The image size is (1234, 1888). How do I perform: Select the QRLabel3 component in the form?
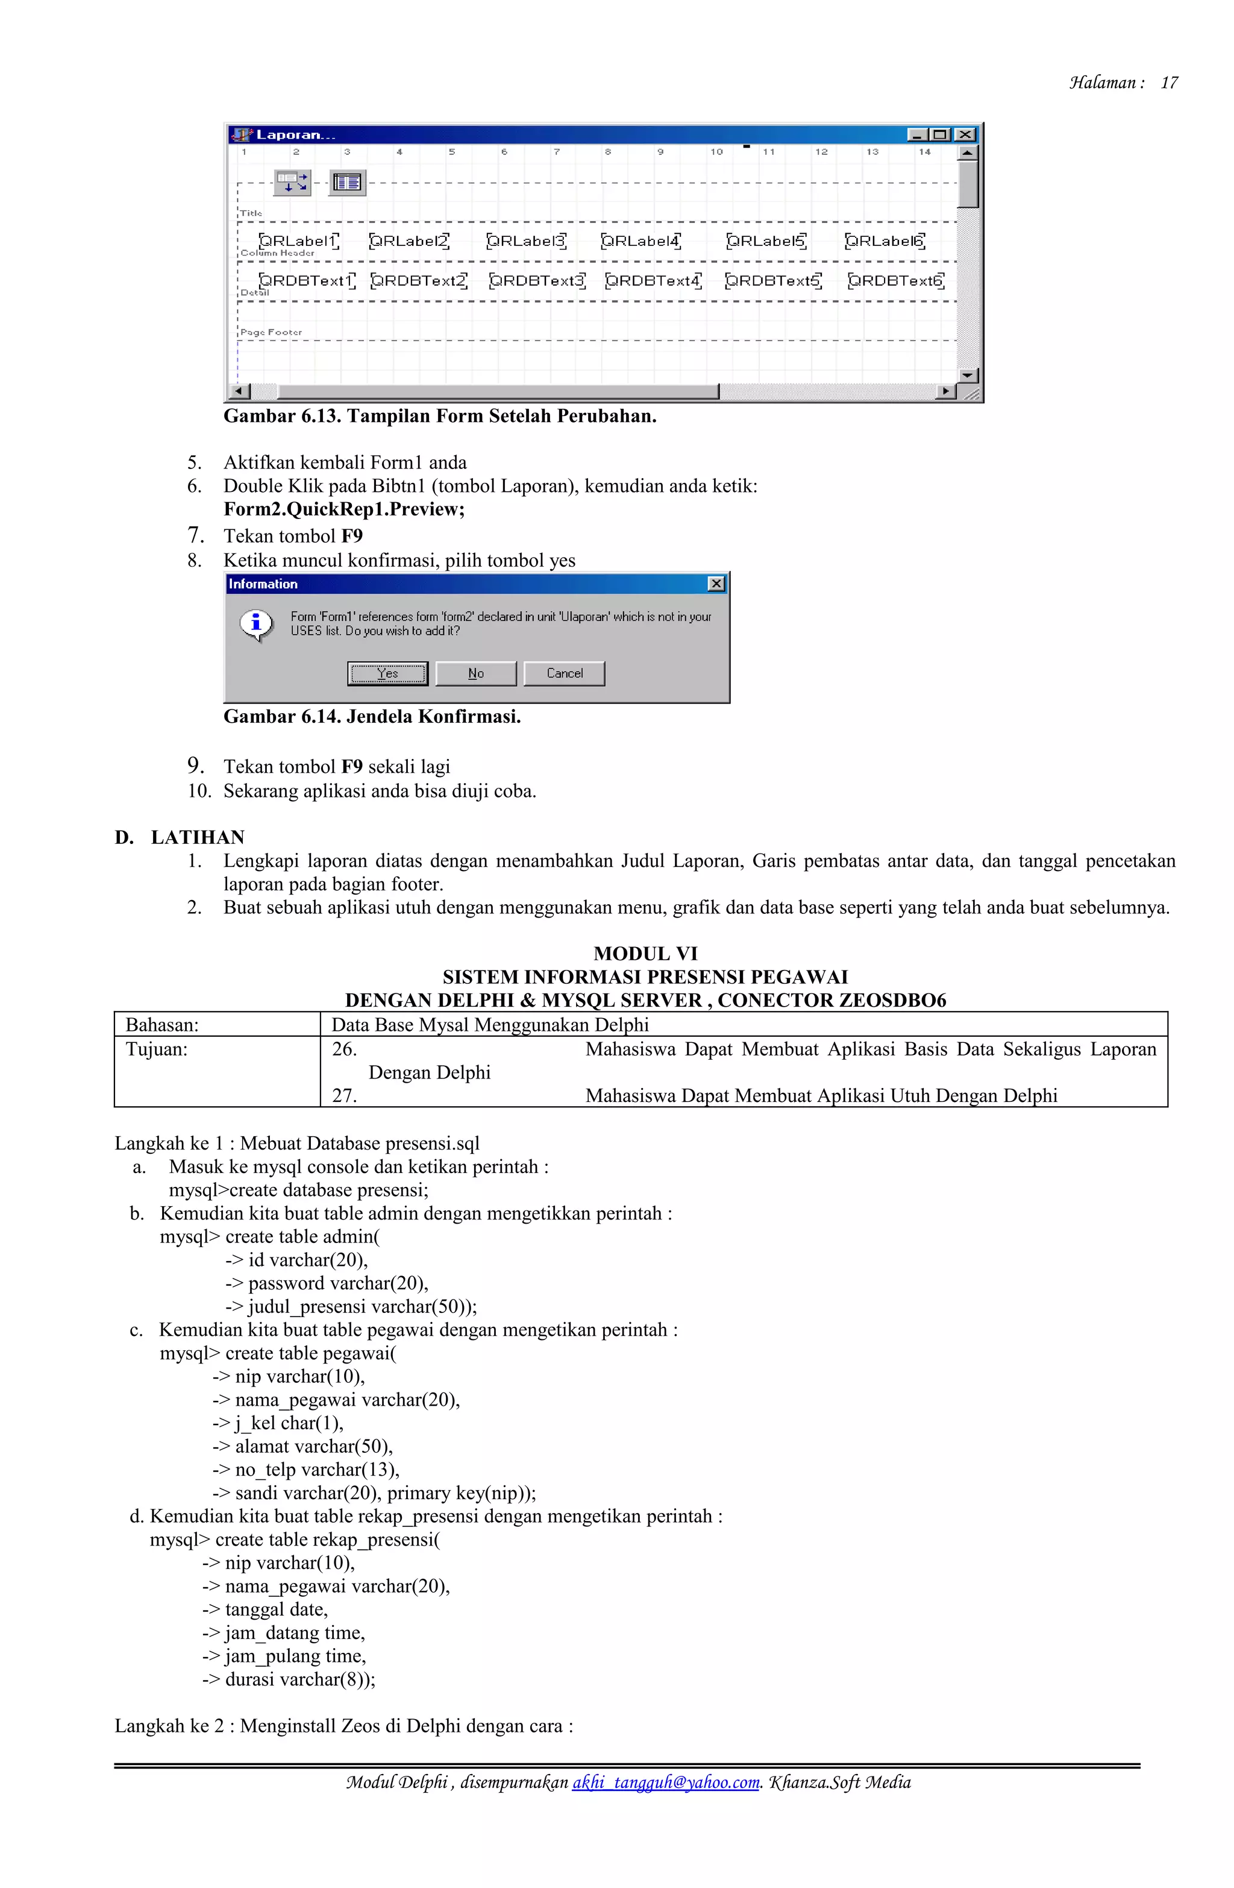point(527,241)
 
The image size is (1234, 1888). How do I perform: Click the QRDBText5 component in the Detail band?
point(773,281)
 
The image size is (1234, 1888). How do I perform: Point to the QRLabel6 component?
point(885,241)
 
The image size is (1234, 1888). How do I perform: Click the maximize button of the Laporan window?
point(941,135)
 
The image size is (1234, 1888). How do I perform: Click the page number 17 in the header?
point(1168,83)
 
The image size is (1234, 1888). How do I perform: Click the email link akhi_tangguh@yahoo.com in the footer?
point(665,1783)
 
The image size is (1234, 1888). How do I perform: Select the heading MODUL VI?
point(645,954)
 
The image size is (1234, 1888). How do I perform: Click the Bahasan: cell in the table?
point(163,1025)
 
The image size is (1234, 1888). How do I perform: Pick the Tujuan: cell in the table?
point(157,1049)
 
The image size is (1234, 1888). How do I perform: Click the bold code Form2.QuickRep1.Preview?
point(343,509)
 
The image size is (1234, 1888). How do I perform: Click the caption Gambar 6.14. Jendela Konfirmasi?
point(372,717)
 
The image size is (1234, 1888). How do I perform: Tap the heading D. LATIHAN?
point(180,838)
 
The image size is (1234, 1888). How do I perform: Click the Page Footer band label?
point(271,332)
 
